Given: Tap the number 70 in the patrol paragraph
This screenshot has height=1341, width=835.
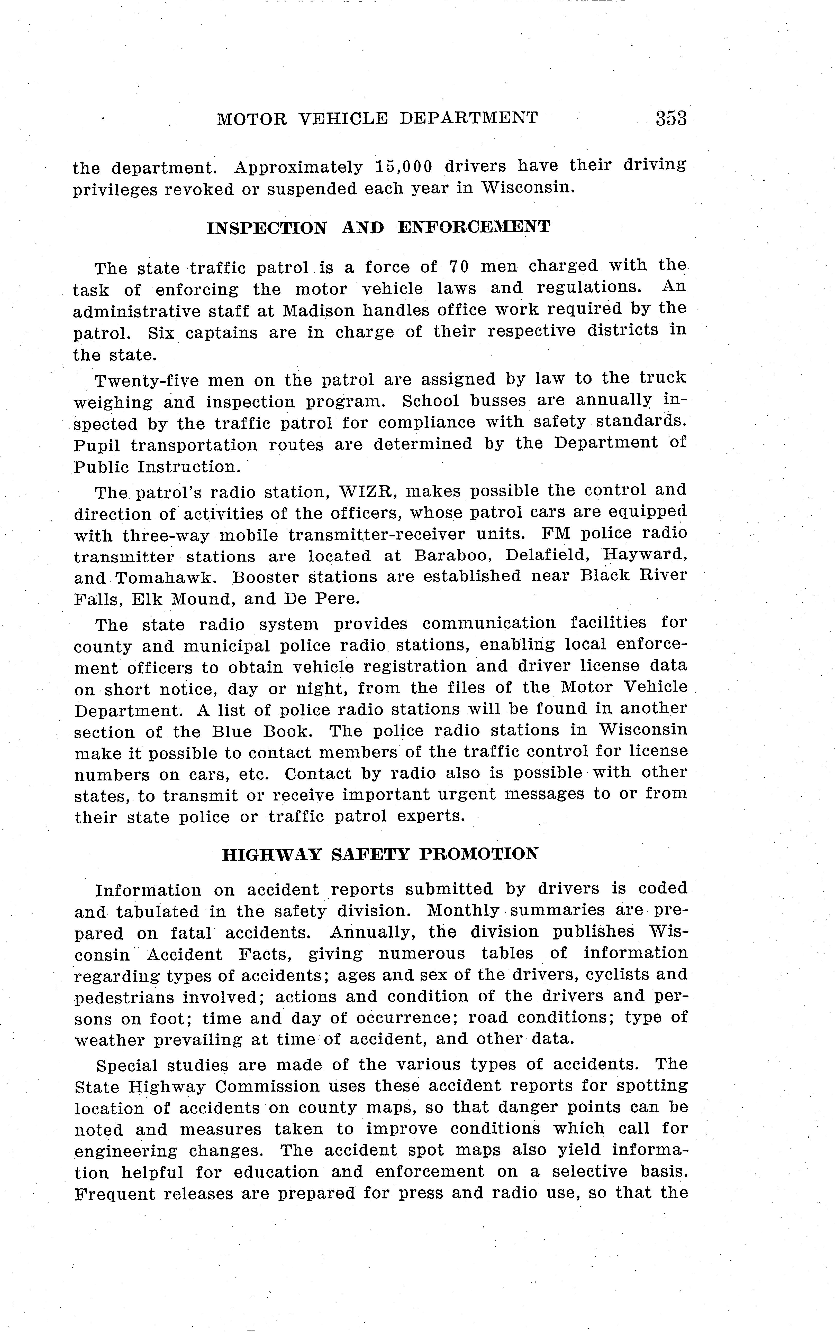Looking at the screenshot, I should point(458,267).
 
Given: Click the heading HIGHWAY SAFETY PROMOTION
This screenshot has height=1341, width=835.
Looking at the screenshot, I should point(380,854).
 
